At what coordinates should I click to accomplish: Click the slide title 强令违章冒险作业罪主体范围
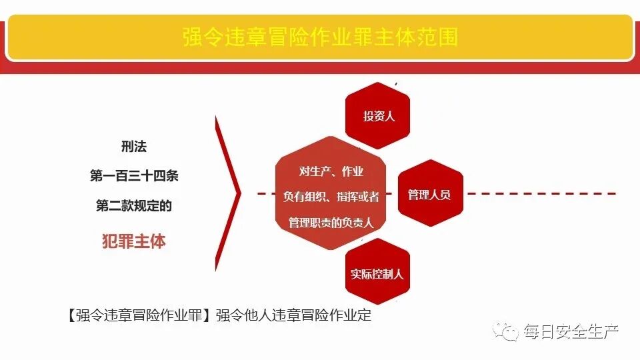click(x=320, y=36)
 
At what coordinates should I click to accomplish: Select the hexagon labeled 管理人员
click(x=430, y=195)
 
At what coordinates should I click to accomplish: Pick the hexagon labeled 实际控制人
click(x=377, y=273)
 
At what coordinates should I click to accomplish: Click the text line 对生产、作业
click(x=331, y=171)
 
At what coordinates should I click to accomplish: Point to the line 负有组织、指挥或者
click(x=331, y=196)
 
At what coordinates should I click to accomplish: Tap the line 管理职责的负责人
click(x=331, y=222)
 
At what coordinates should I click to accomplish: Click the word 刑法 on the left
click(x=134, y=147)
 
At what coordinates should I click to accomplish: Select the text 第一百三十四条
click(x=134, y=176)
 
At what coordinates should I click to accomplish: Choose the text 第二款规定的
click(x=134, y=206)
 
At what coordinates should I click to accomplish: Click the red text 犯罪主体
click(x=134, y=241)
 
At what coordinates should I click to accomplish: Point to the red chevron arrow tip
click(x=238, y=195)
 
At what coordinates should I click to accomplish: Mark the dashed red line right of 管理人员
click(x=540, y=195)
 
